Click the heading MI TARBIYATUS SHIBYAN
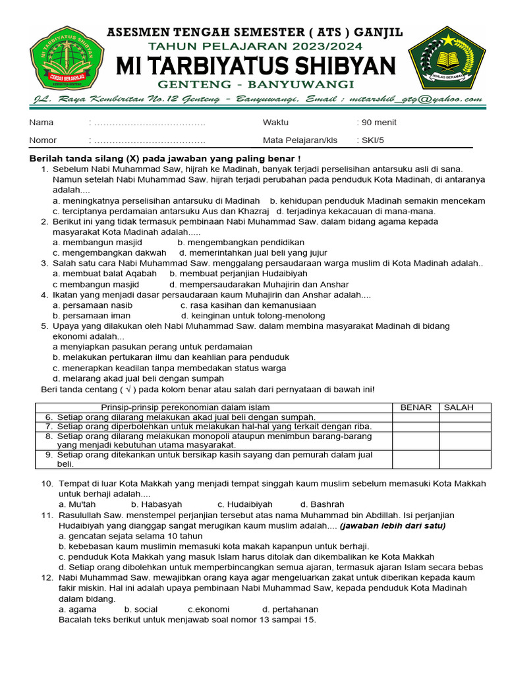[256, 66]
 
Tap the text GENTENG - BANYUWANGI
[256, 84]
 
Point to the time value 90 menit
[377, 123]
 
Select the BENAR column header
[416, 407]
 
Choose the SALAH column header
[459, 407]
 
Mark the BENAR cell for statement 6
[416, 417]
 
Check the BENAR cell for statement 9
[416, 459]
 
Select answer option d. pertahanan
[290, 610]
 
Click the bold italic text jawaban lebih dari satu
[393, 525]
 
